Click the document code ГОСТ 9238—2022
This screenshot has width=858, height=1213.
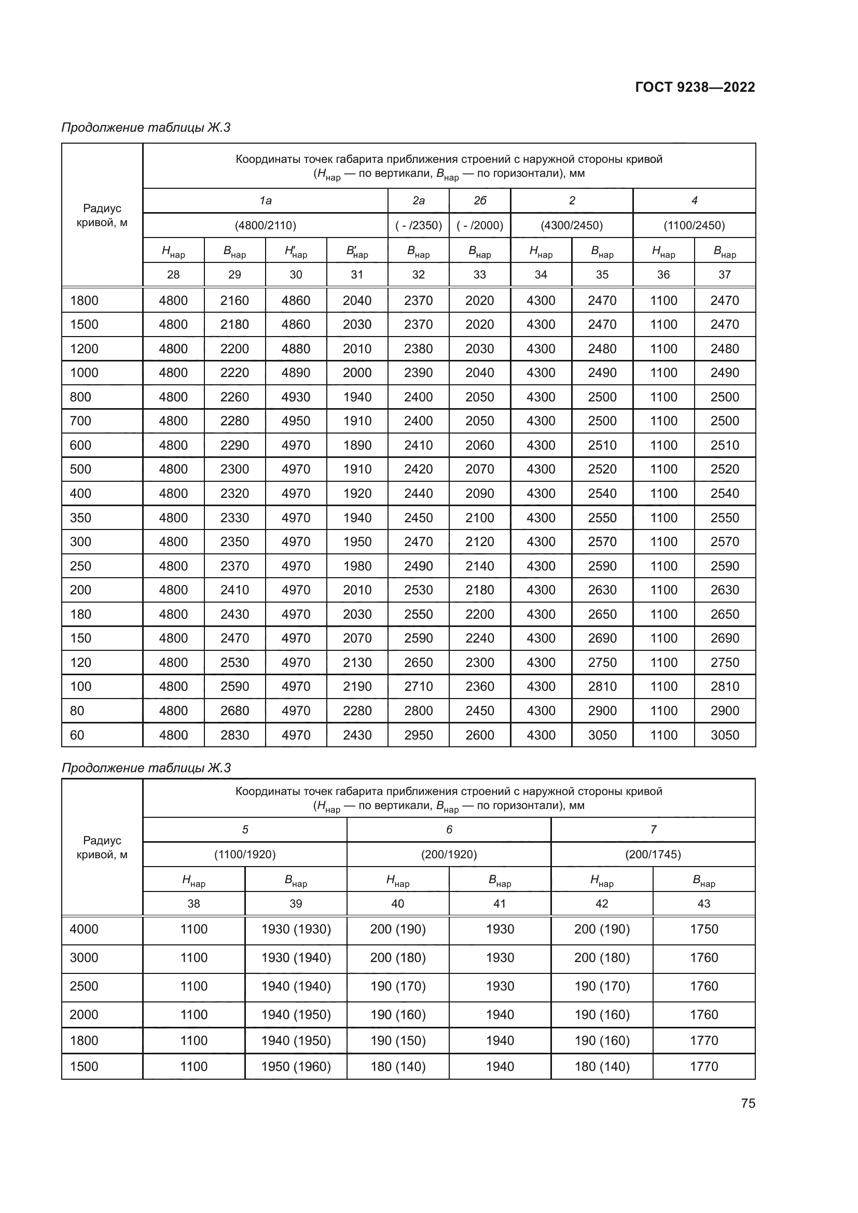[x=695, y=87]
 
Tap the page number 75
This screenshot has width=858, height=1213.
[x=748, y=1103]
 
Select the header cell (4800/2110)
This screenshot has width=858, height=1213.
[x=265, y=226]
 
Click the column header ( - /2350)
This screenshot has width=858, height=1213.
[x=419, y=226]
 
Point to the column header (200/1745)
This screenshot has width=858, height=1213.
[x=653, y=854]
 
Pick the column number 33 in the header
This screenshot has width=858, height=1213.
[x=480, y=275]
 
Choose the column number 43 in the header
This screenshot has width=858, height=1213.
[x=704, y=903]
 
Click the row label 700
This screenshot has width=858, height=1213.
[x=80, y=421]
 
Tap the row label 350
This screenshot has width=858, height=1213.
[x=80, y=518]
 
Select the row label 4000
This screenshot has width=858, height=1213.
[x=84, y=929]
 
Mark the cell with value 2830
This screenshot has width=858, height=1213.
[x=234, y=735]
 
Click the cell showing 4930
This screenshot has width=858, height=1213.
[x=296, y=397]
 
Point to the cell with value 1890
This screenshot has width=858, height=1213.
[x=357, y=445]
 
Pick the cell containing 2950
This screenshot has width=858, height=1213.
[x=419, y=735]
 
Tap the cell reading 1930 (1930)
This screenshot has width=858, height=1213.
[x=296, y=929]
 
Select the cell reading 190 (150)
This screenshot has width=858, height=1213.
[x=398, y=1040]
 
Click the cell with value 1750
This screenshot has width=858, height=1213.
[x=704, y=929]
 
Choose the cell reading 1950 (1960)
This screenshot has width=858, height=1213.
[x=296, y=1066]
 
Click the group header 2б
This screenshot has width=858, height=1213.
[x=480, y=201]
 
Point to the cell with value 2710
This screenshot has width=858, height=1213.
[x=419, y=686]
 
